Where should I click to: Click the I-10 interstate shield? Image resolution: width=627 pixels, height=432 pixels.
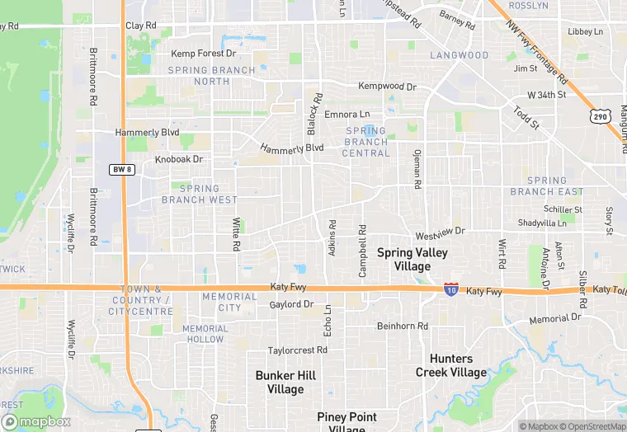tap(450, 289)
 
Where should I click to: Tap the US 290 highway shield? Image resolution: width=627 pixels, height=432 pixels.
tap(601, 116)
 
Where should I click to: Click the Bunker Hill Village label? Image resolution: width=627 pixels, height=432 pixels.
tap(285, 382)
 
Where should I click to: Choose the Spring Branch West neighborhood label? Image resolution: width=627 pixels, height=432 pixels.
tap(199, 194)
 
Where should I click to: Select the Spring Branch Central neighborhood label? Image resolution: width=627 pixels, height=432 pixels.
tap(365, 142)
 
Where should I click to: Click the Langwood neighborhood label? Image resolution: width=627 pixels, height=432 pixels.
tap(460, 55)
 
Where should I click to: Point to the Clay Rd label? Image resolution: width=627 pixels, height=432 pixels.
tap(141, 26)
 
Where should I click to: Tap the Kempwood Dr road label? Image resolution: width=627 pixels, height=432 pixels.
tap(387, 86)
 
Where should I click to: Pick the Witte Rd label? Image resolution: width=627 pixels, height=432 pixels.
tap(236, 235)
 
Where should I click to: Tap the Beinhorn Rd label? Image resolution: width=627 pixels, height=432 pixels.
tap(402, 326)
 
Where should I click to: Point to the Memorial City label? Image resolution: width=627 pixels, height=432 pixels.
tap(229, 302)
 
